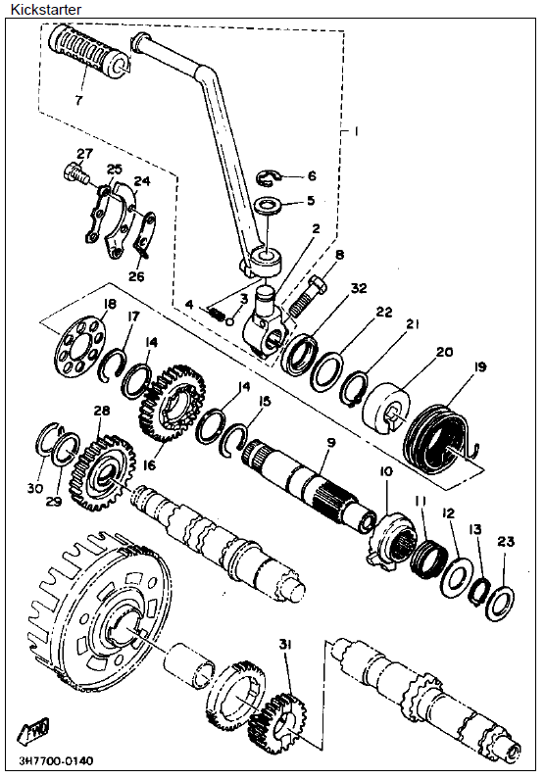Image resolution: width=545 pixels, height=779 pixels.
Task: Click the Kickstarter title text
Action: pyautogui.click(x=46, y=9)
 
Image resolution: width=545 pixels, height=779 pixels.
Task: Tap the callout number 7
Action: pyautogui.click(x=78, y=100)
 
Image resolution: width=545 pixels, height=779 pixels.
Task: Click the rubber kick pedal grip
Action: pyautogui.click(x=88, y=53)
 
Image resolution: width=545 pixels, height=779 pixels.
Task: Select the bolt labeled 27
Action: pyautogui.click(x=76, y=174)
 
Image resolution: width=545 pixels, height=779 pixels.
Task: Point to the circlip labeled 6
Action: pyautogui.click(x=270, y=178)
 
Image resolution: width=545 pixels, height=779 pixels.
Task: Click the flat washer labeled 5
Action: pyautogui.click(x=268, y=205)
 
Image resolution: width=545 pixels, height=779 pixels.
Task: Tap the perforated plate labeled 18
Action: pyautogui.click(x=80, y=342)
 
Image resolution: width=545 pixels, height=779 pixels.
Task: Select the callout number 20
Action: pyautogui.click(x=445, y=352)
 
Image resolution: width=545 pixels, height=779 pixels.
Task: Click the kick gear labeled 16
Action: pyautogui.click(x=170, y=403)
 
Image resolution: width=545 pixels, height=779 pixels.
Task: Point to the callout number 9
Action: pyautogui.click(x=331, y=442)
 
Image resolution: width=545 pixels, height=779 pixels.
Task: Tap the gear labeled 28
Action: pyautogui.click(x=103, y=473)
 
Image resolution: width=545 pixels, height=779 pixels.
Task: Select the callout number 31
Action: pyautogui.click(x=285, y=645)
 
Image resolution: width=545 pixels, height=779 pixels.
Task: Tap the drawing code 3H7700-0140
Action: pyautogui.click(x=56, y=761)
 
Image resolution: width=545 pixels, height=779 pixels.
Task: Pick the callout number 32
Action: pyautogui.click(x=359, y=288)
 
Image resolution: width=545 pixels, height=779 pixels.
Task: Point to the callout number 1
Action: pyautogui.click(x=356, y=131)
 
